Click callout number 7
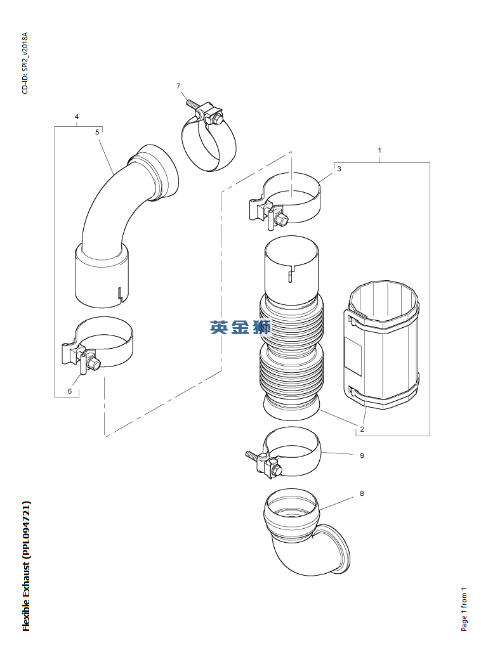pos(178,86)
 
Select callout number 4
pos(77,117)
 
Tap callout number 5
pos(97,132)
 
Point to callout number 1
pos(379,150)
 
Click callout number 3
pos(339,169)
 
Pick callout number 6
pos(70,391)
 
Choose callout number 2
pos(362,429)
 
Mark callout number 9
pos(362,455)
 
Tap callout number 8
pos(362,493)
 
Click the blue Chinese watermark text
pos(240,327)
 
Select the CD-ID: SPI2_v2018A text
pos(25,63)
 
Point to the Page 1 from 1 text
pos(465,609)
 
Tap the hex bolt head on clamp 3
pos(281,219)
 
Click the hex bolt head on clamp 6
pos(95,364)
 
